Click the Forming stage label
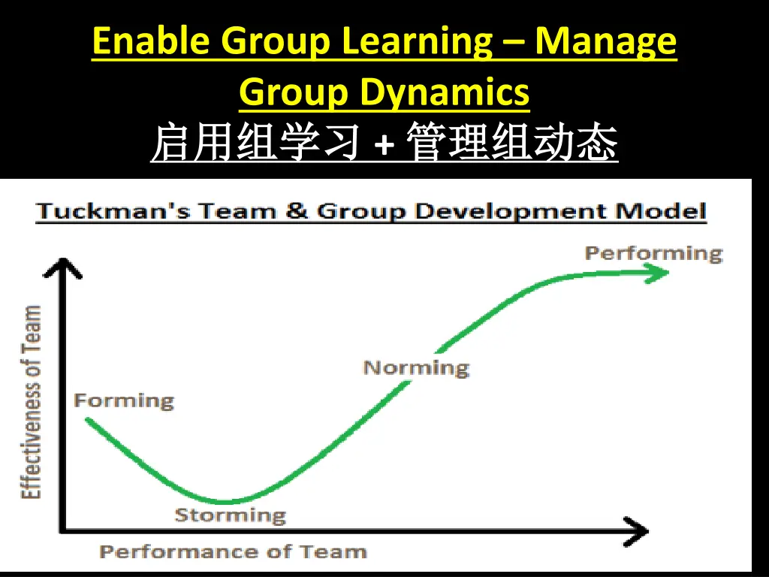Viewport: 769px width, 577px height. pyautogui.click(x=124, y=400)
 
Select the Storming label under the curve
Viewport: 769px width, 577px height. pyautogui.click(x=231, y=515)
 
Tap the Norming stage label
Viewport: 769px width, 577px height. pyautogui.click(x=416, y=368)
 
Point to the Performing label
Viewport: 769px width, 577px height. pyautogui.click(x=653, y=253)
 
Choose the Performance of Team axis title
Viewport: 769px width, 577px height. pyautogui.click(x=233, y=552)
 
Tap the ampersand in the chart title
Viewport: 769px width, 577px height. pyautogui.click(x=296, y=211)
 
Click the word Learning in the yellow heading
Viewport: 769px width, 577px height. pyautogui.click(x=415, y=42)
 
